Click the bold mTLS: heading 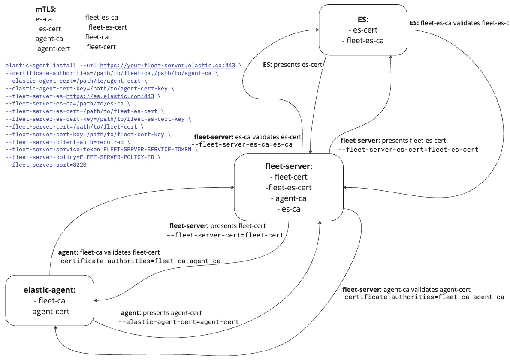pyautogui.click(x=46, y=9)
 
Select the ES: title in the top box pyautogui.click(x=363, y=19)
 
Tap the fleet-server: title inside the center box pyautogui.click(x=288, y=166)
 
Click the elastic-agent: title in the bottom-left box pyautogui.click(x=49, y=290)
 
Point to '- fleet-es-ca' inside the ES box pyautogui.click(x=363, y=41)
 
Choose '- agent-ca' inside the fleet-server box pyautogui.click(x=288, y=198)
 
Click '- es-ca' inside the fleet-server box pyautogui.click(x=288, y=209)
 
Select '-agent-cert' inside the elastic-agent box pyautogui.click(x=49, y=312)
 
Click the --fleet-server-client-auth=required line pyautogui.click(x=67, y=142)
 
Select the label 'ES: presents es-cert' pyautogui.click(x=293, y=65)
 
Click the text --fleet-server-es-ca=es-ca pyautogui.click(x=242, y=144)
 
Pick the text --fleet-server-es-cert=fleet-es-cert pyautogui.click(x=408, y=150)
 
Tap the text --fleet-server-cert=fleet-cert pyautogui.click(x=225, y=235)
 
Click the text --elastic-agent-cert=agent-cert pyautogui.click(x=178, y=322)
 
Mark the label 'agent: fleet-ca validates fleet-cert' pyautogui.click(x=109, y=252)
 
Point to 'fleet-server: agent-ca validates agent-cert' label pyautogui.click(x=406, y=289)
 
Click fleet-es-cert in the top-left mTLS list pyautogui.click(x=108, y=27)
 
